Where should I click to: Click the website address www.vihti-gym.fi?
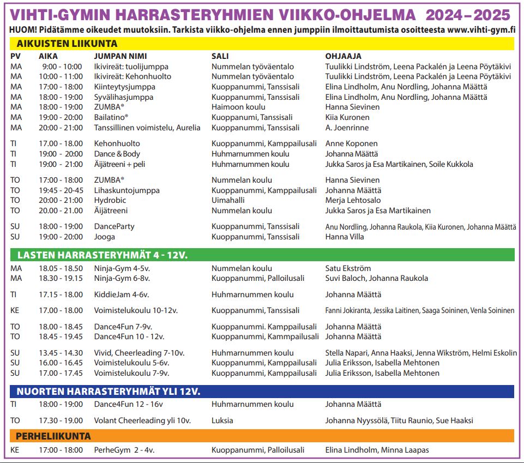(x=483, y=29)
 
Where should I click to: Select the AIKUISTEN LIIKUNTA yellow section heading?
(x=67, y=44)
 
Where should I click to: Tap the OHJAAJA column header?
(x=343, y=56)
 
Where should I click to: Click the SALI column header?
(x=220, y=56)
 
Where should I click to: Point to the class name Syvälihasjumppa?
(x=124, y=97)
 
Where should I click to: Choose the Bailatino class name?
(x=111, y=117)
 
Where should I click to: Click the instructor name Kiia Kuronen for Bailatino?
(x=347, y=117)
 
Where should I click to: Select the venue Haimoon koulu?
(x=238, y=107)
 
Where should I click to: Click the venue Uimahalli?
(x=228, y=201)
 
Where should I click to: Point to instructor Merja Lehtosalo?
(x=352, y=201)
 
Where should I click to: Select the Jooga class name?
(x=104, y=237)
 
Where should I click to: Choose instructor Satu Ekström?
(x=348, y=268)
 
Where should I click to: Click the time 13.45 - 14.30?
(x=61, y=353)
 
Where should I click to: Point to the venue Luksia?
(x=222, y=420)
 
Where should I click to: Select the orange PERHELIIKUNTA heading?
(x=54, y=436)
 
